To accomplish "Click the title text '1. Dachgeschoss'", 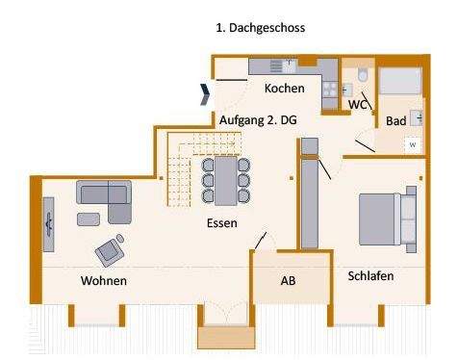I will pyautogui.click(x=261, y=28).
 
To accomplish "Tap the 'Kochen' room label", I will pyautogui.click(x=285, y=89).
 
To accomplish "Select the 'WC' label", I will pyautogui.click(x=358, y=103).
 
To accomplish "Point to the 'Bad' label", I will pyautogui.click(x=395, y=122).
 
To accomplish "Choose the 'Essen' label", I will pyautogui.click(x=222, y=222).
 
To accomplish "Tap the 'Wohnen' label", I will pyautogui.click(x=104, y=281).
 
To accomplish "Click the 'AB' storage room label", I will pyautogui.click(x=289, y=282).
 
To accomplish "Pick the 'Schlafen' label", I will pyautogui.click(x=370, y=275).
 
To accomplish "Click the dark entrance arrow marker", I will pyautogui.click(x=205, y=93).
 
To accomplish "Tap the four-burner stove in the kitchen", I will pyautogui.click(x=329, y=89).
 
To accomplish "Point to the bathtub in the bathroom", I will pyautogui.click(x=398, y=81).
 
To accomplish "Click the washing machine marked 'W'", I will pyautogui.click(x=412, y=144).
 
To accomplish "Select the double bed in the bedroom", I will pyautogui.click(x=388, y=218).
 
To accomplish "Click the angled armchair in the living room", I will pyautogui.click(x=109, y=250).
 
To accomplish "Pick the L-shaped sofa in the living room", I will pyautogui.click(x=103, y=200).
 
